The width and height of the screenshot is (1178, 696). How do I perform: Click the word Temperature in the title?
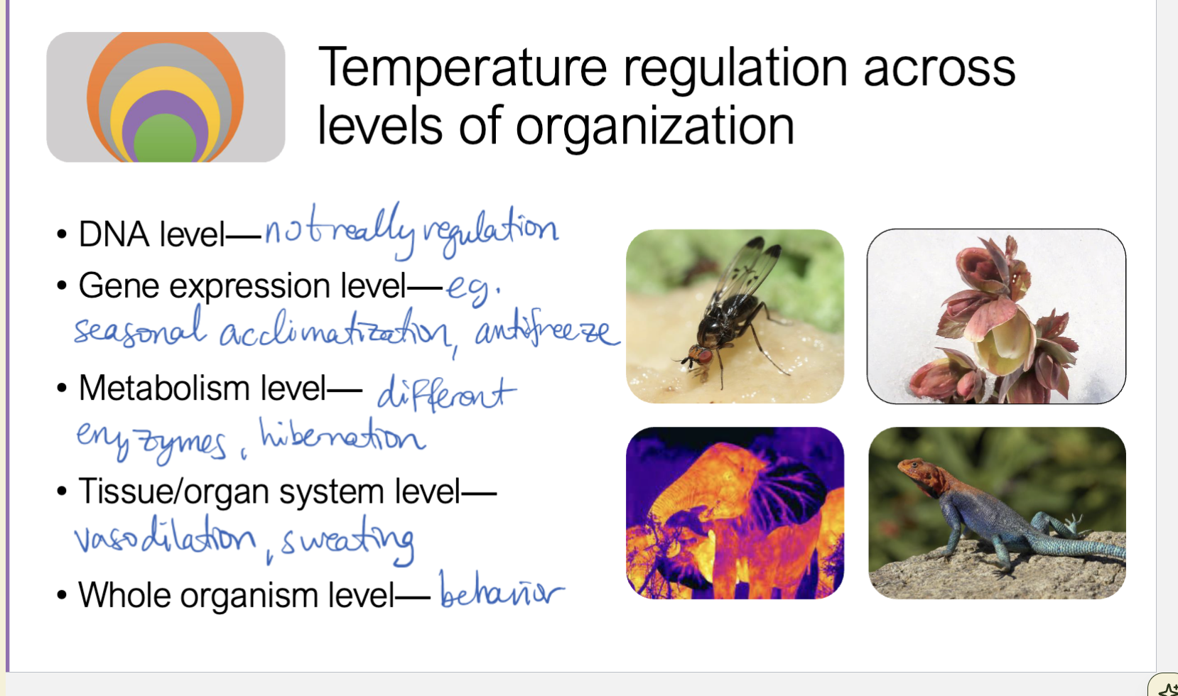(x=461, y=69)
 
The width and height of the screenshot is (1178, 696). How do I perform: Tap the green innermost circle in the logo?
(x=165, y=141)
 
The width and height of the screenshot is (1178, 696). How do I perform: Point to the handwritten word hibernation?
(x=342, y=436)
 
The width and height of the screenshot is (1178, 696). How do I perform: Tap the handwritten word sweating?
(x=348, y=543)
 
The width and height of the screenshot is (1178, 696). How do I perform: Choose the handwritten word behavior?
(x=500, y=592)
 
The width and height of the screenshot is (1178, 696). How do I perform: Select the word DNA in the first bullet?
(x=114, y=234)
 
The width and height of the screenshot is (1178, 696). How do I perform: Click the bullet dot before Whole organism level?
(x=62, y=595)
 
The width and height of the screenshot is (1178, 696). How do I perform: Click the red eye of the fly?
(x=703, y=354)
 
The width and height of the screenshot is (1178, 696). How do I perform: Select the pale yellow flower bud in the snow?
(x=1005, y=348)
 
